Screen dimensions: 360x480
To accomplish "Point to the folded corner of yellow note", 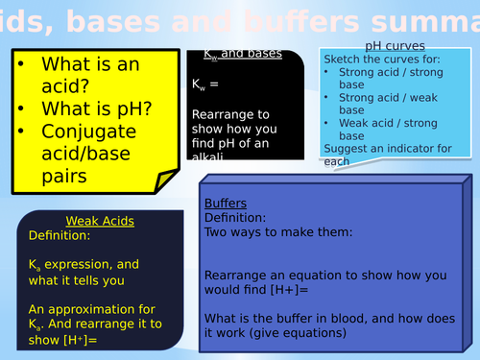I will (x=167, y=178).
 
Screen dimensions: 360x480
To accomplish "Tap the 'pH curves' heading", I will (x=396, y=46).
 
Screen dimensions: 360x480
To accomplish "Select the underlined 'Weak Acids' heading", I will (x=100, y=221).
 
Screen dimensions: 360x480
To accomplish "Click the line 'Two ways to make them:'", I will (x=275, y=230).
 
